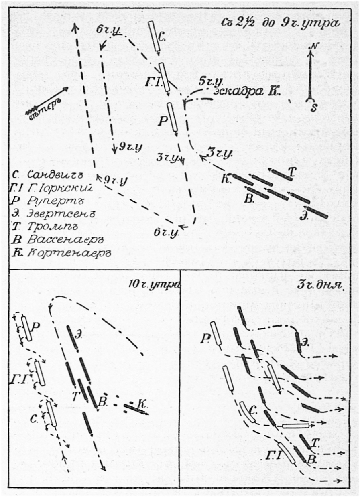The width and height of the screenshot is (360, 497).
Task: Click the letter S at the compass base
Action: [312, 108]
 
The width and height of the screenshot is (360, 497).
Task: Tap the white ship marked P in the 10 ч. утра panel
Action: [27, 329]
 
